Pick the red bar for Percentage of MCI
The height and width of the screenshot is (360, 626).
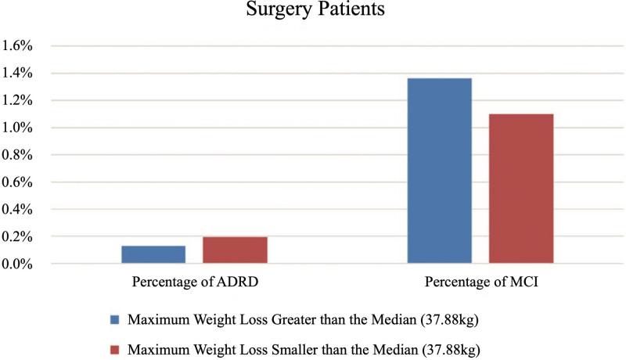pos(521,189)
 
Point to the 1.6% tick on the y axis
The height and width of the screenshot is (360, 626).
pos(16,45)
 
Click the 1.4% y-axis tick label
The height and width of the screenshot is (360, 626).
pos(16,73)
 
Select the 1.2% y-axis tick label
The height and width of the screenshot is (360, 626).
pos(16,100)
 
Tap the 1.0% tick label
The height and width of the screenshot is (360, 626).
pos(16,128)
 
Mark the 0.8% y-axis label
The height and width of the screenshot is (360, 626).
pos(16,155)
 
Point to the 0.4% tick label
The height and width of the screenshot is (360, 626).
pos(16,209)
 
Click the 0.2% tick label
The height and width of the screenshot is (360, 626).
pos(16,236)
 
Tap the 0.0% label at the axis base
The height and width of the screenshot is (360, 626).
pos(16,264)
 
